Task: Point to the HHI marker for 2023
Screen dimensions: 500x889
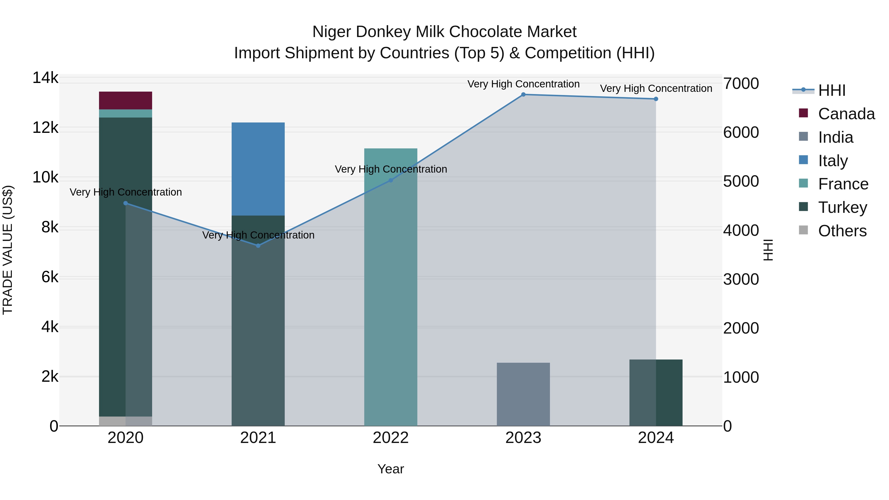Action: (x=523, y=95)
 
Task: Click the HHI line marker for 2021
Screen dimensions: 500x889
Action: (x=258, y=246)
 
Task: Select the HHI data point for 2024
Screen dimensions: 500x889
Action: (x=656, y=99)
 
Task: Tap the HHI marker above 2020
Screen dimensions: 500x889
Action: (x=126, y=203)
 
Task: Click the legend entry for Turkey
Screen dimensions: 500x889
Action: (x=842, y=207)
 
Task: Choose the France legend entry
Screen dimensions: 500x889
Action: (x=843, y=184)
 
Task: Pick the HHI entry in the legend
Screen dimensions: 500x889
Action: (x=831, y=90)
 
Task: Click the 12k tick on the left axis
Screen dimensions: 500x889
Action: (x=45, y=128)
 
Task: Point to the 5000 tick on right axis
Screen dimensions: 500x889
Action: (x=741, y=181)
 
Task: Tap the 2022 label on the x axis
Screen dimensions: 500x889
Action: (x=391, y=438)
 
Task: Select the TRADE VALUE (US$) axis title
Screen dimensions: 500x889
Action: (x=8, y=250)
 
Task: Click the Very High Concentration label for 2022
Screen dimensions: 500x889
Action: (x=391, y=169)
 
